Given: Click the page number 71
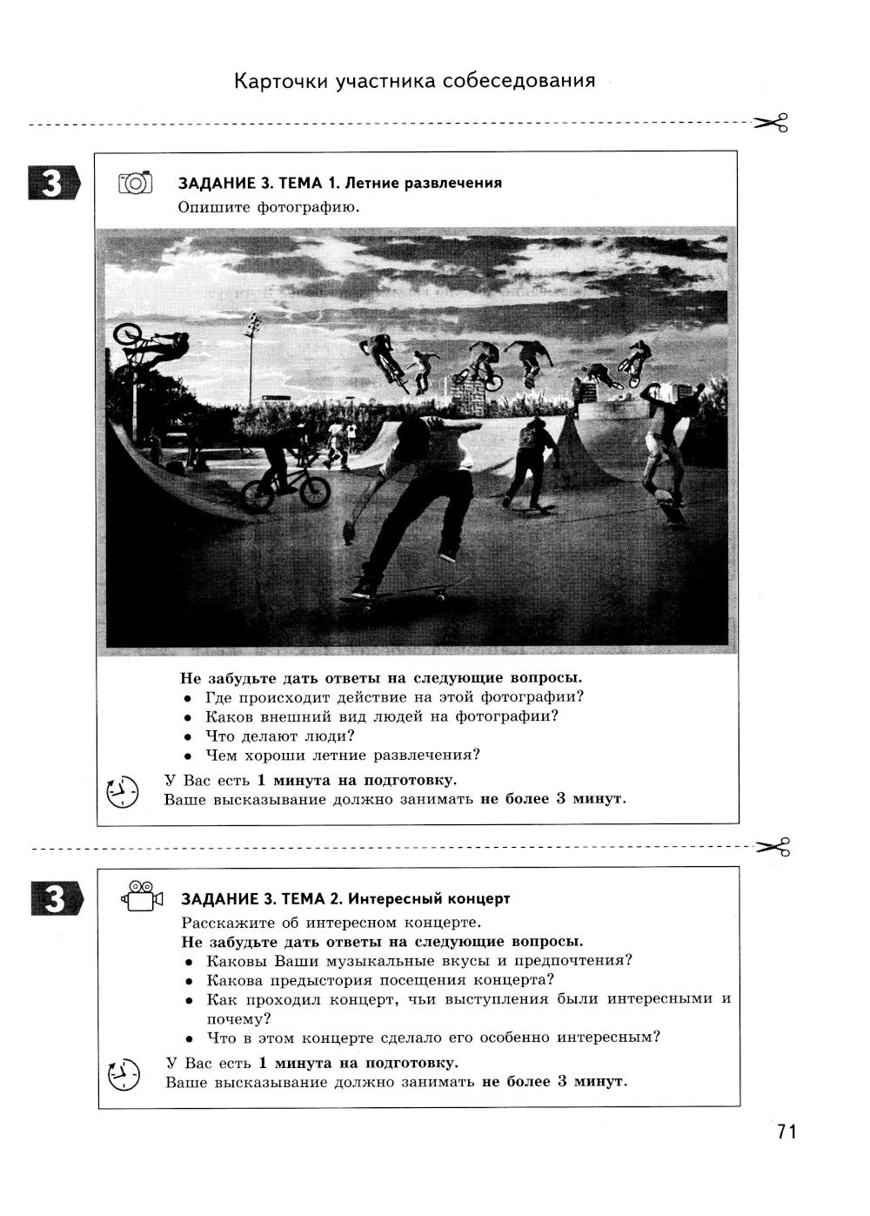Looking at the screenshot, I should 786,1132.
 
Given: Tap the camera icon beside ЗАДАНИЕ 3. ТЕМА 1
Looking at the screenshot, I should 135,182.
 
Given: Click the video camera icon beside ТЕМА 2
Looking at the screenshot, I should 143,897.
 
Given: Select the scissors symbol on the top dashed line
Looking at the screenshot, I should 772,123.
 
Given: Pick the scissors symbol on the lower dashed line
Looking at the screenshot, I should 773,845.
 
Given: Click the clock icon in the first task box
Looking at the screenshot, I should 123,790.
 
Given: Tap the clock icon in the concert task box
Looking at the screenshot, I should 124,1073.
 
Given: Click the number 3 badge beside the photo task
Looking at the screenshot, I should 53,184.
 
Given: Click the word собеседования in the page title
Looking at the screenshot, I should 519,81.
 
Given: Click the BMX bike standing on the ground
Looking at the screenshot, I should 285,490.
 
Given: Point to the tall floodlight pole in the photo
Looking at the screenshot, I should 251,361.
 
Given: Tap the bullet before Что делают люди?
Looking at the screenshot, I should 187,736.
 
